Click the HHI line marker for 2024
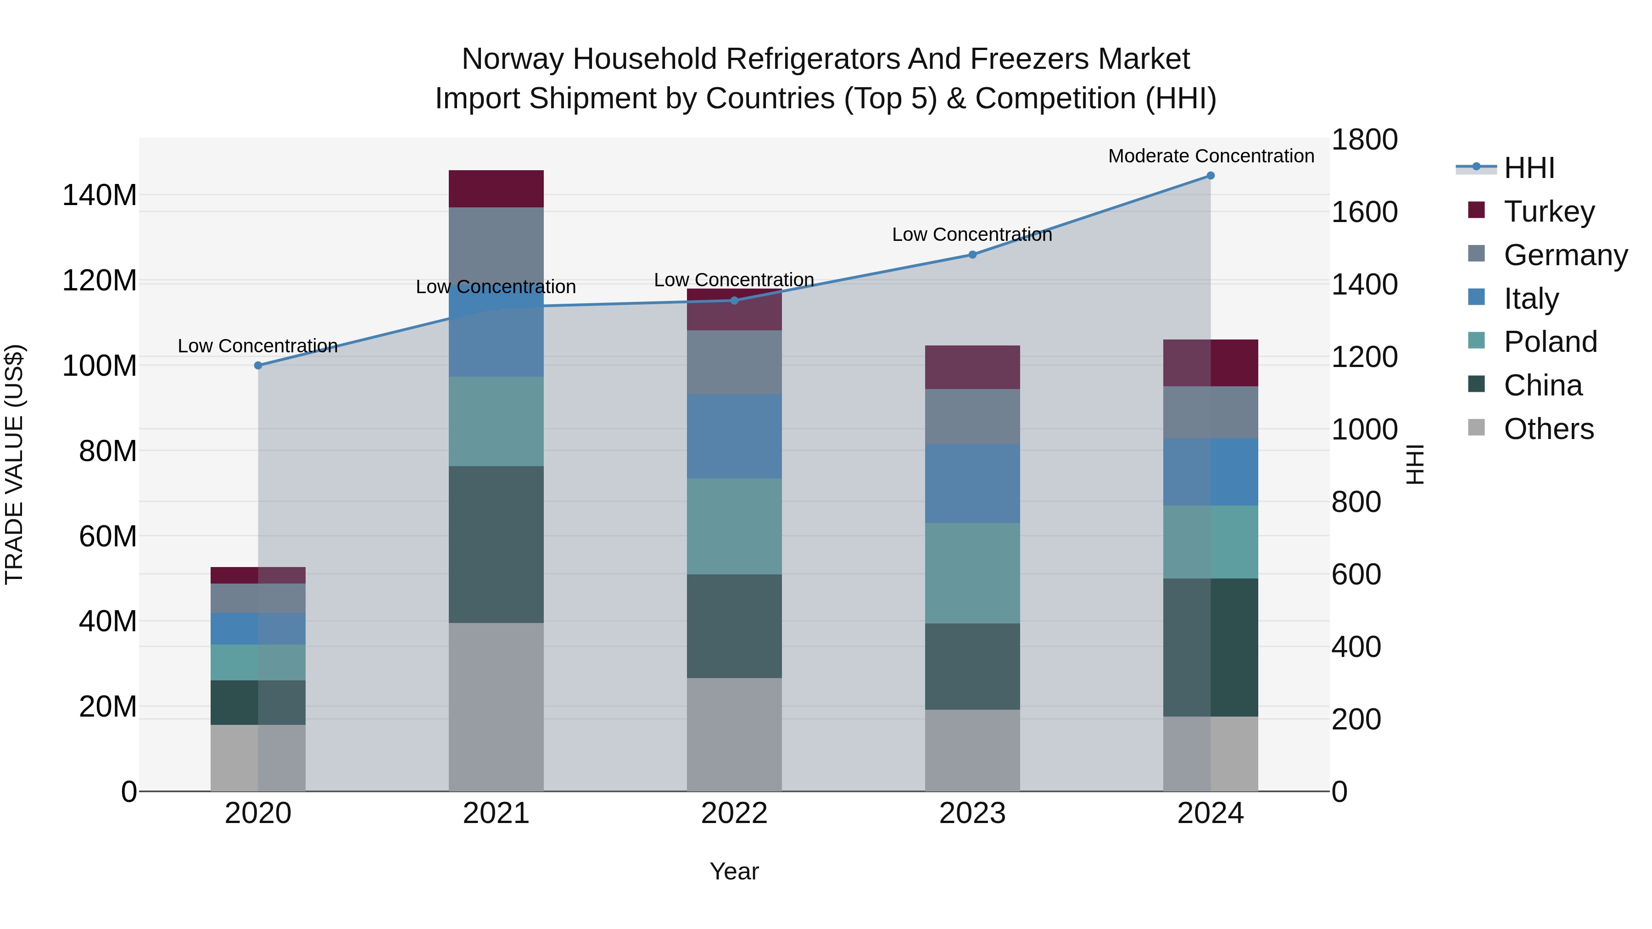1210,176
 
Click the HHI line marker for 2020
258,366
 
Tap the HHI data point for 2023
972,255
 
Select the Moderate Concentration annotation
1211,156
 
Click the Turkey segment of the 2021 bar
496,189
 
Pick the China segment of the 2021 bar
496,544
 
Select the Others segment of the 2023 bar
972,750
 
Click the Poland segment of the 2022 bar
734,526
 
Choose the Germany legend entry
1565,255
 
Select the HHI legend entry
1528,168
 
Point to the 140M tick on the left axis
100,195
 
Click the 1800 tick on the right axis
1364,140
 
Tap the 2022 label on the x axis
734,813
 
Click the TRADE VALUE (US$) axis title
15,464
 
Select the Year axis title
734,871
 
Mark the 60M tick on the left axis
108,536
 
